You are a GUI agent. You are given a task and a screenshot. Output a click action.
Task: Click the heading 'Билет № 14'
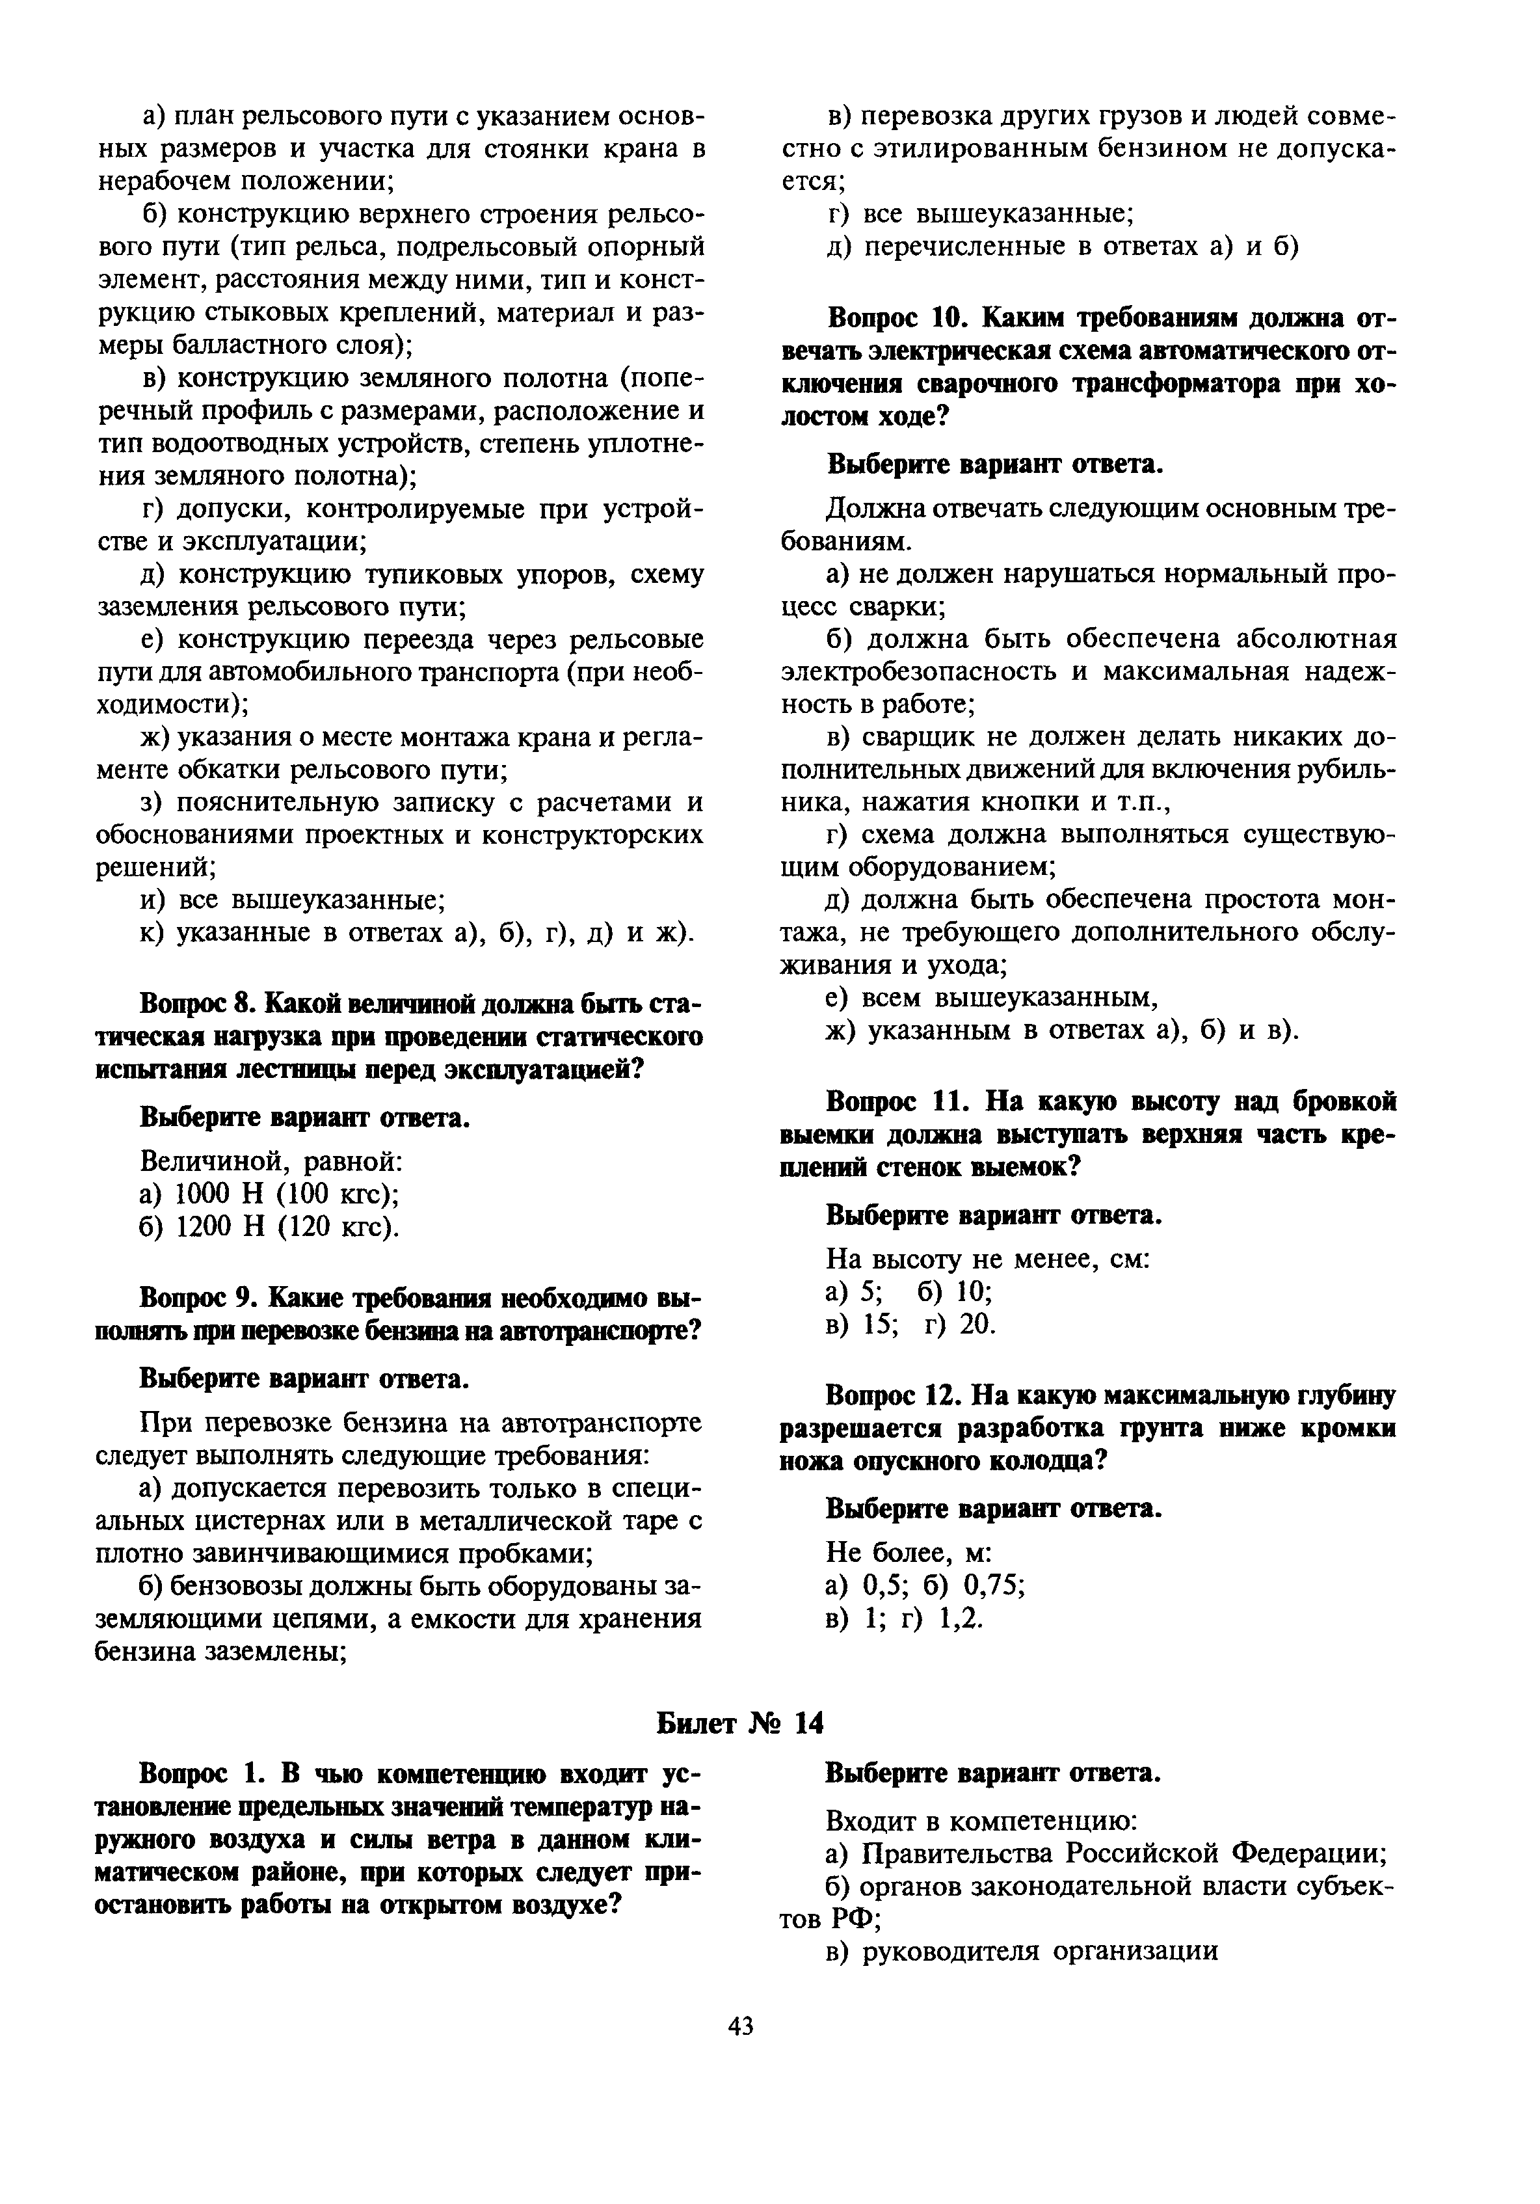coord(740,1723)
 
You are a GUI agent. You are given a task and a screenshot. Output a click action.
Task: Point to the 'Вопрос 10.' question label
coord(892,317)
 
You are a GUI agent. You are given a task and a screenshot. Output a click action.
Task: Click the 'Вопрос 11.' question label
coord(892,1101)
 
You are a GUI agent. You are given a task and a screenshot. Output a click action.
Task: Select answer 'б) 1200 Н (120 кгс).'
coord(270,1227)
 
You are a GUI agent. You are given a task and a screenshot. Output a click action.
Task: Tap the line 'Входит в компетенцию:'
coord(981,1820)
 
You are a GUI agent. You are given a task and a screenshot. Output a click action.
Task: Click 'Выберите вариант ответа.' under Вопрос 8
coord(305,1118)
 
